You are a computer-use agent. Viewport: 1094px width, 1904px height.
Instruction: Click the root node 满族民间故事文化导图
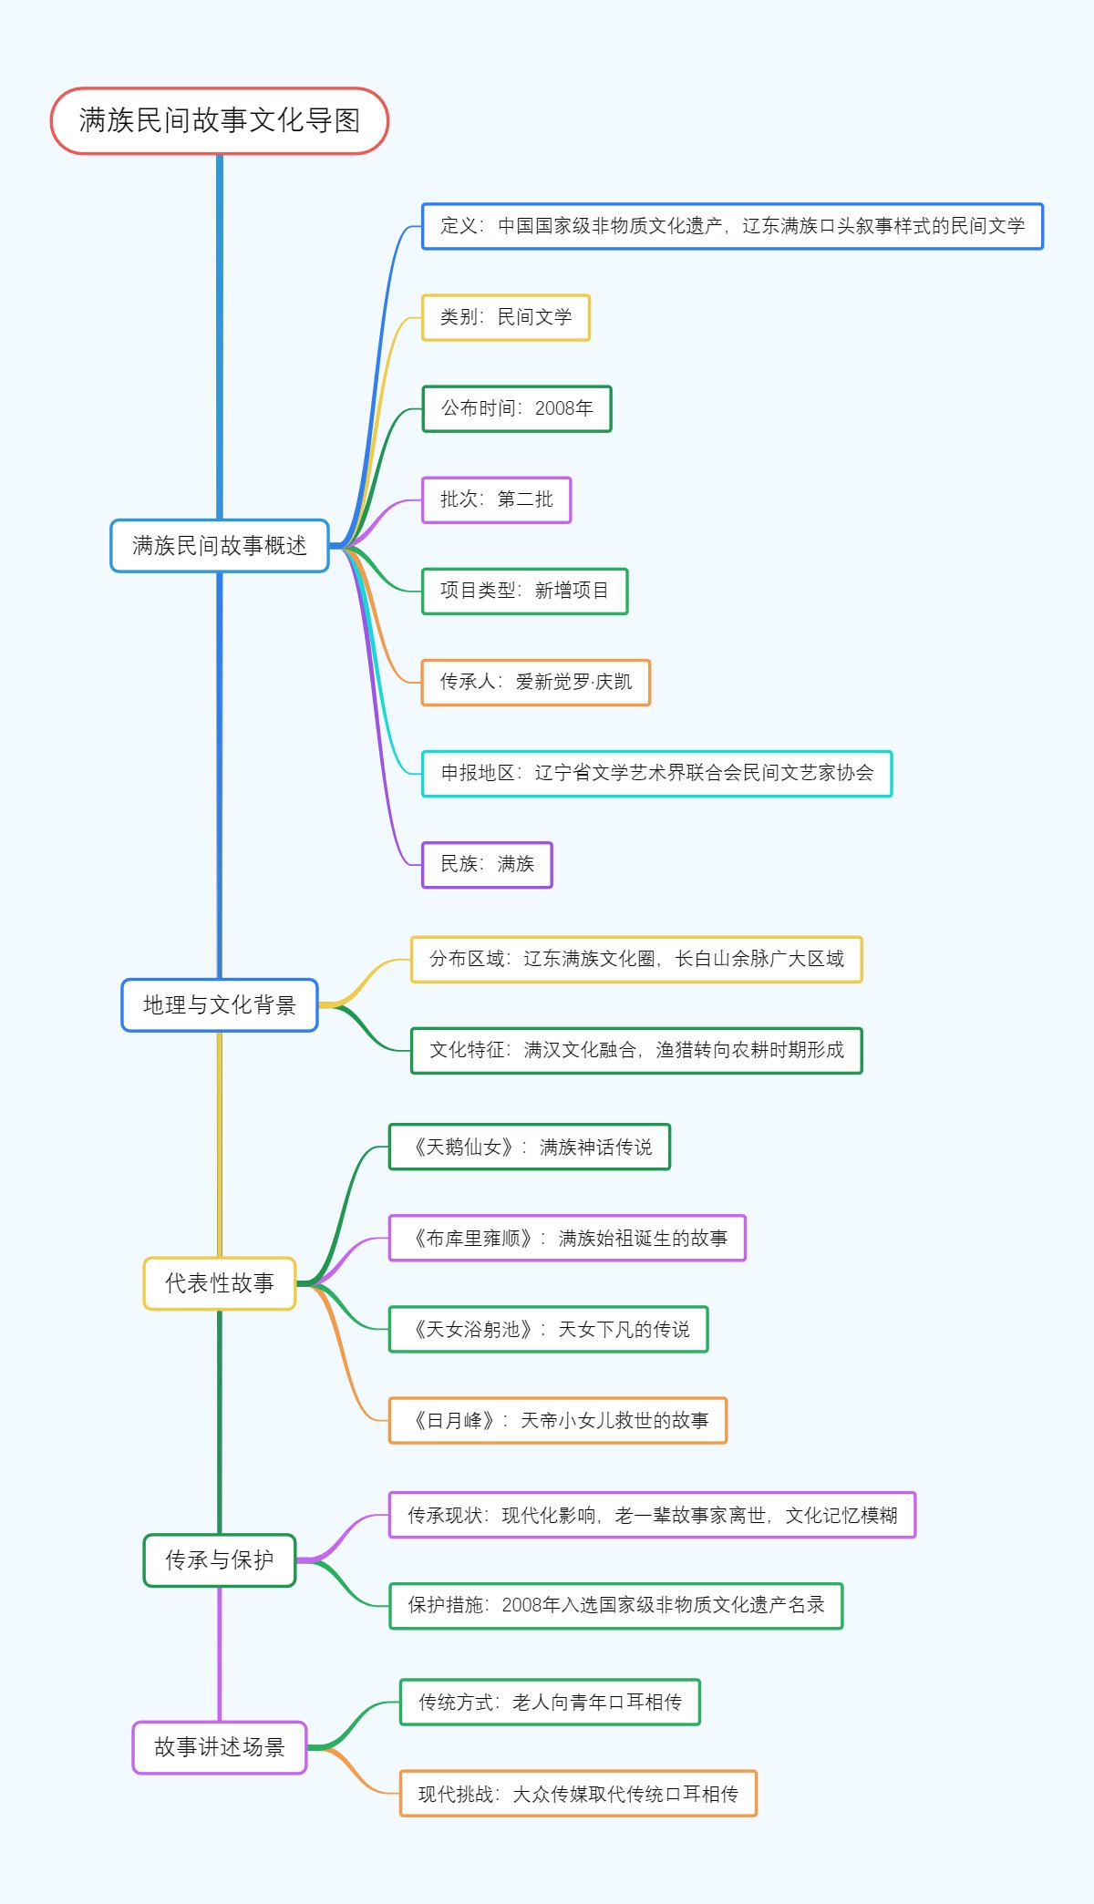219,120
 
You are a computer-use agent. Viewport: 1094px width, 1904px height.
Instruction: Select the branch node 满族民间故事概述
219,545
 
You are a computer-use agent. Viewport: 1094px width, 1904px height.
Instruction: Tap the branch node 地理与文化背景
219,1004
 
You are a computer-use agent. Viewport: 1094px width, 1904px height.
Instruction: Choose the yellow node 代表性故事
219,1283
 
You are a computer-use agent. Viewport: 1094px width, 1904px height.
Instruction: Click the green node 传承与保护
219,1560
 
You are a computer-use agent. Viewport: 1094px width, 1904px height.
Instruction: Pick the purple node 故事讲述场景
219,1747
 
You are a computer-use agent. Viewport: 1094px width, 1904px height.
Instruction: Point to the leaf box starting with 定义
731,226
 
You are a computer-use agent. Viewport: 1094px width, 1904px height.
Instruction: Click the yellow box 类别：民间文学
505,317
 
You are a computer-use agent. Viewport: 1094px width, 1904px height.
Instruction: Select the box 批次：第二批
496,499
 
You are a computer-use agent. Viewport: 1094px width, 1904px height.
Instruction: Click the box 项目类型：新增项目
524,591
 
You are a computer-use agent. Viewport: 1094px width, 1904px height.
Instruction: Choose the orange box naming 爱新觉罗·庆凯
535,682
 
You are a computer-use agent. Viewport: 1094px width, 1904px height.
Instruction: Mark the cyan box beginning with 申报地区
656,773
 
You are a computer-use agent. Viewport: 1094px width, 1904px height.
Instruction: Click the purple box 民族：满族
487,864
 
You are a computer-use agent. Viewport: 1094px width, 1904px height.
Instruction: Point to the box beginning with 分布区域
635,959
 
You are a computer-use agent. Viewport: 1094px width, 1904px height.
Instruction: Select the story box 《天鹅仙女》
529,1147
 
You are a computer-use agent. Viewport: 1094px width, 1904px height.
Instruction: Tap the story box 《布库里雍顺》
567,1238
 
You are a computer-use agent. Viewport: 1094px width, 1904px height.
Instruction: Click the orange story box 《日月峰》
557,1420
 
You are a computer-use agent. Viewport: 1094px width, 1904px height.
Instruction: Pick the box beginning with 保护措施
615,1605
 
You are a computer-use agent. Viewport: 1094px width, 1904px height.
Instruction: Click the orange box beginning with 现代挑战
578,1794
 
